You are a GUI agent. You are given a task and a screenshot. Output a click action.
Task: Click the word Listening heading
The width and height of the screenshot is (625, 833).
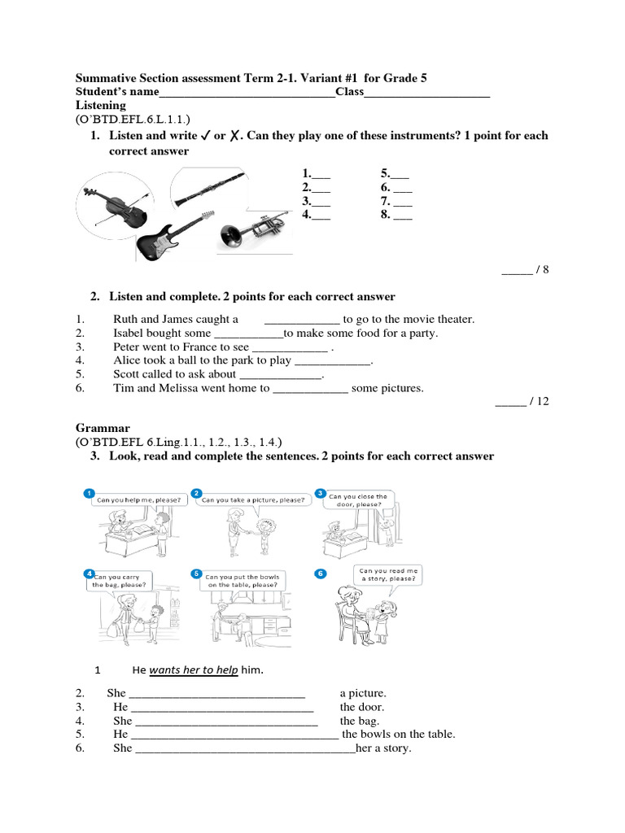click(101, 106)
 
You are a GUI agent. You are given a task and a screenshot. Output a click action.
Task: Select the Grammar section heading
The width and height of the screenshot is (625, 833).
click(103, 428)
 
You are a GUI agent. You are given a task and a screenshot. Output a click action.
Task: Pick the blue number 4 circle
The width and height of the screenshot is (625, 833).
click(89, 573)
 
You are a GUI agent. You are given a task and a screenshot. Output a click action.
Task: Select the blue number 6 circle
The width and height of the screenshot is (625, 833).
click(321, 574)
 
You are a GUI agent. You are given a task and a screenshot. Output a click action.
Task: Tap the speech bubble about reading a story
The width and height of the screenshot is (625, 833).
click(389, 575)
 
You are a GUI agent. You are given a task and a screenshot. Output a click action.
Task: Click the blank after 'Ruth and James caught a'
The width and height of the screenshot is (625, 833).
click(302, 321)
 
